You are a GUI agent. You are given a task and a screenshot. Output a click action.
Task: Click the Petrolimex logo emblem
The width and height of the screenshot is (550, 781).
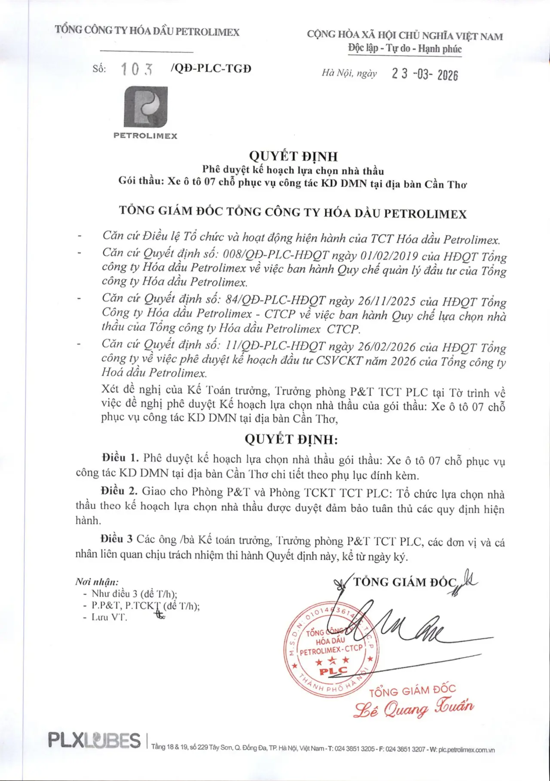click(x=146, y=107)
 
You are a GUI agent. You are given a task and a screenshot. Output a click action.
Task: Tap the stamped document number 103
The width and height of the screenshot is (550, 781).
click(x=137, y=69)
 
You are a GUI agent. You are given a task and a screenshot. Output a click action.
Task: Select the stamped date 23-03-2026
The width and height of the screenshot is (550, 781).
click(x=425, y=74)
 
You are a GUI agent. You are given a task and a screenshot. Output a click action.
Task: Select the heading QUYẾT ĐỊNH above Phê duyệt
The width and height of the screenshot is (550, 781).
click(x=293, y=156)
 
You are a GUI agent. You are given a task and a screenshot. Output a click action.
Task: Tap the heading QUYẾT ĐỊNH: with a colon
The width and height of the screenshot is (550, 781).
click(x=291, y=439)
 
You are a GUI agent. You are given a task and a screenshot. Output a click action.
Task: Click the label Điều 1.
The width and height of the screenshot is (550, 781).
click(x=120, y=458)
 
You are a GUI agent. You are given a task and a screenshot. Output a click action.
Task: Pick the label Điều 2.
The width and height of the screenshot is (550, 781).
click(x=119, y=491)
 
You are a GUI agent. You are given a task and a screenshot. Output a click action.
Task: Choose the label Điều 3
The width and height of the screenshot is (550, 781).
click(x=116, y=539)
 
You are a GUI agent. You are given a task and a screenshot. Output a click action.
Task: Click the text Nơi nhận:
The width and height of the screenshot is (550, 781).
click(x=97, y=582)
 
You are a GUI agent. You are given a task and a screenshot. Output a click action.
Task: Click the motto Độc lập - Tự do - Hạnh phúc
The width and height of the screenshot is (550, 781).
click(x=405, y=49)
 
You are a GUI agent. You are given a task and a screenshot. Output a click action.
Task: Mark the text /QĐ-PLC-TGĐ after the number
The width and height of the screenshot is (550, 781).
click(x=211, y=68)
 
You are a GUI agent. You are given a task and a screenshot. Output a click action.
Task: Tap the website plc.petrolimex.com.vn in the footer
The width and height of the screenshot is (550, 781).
click(x=467, y=750)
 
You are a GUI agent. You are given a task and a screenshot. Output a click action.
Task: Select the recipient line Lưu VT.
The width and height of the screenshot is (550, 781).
click(x=109, y=617)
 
